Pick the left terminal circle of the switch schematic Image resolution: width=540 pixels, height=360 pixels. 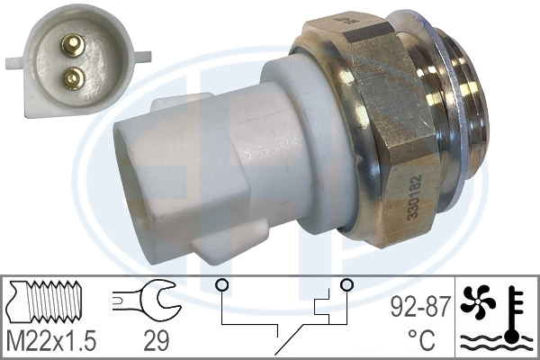coord(220,286)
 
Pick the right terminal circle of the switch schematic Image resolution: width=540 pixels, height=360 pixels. coord(346,286)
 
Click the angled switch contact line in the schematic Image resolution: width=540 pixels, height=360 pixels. coord(290,341)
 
